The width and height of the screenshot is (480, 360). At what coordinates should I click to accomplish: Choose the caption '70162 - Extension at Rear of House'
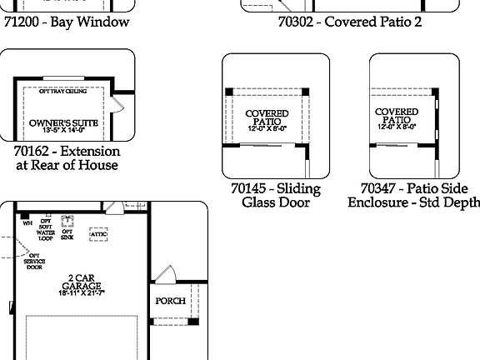67,158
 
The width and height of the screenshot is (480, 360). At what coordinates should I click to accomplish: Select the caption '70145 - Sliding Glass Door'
275,195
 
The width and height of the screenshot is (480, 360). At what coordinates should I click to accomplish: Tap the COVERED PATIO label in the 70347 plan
397,117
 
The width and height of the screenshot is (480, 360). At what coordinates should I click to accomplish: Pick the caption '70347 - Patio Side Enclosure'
414,195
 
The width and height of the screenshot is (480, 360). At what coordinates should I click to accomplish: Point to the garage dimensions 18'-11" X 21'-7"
81,293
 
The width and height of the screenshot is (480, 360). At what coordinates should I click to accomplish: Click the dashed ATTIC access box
99,235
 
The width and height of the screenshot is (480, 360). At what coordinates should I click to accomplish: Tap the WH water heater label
27,223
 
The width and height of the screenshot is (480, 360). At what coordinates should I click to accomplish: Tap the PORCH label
170,301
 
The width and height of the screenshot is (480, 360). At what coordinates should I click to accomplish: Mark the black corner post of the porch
193,321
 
